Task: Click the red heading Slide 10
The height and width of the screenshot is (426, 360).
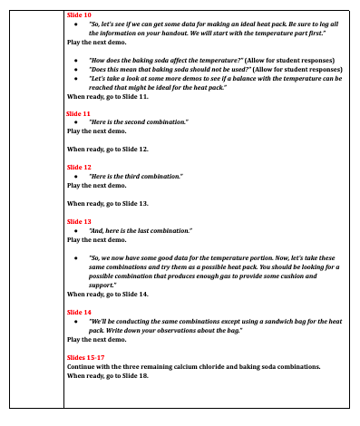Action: pyautogui.click(x=79, y=16)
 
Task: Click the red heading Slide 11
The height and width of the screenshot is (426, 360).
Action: pyautogui.click(x=79, y=113)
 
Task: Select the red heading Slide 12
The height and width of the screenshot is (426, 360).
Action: pyautogui.click(x=79, y=168)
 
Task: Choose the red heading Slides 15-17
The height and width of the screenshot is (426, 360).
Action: pyautogui.click(x=84, y=357)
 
